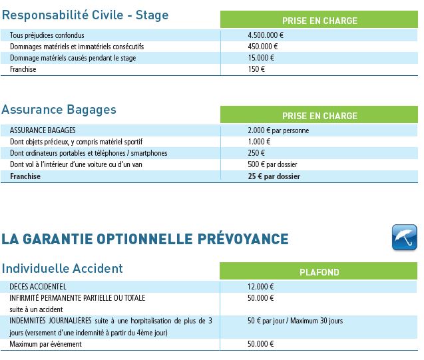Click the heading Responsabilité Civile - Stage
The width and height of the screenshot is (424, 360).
85,15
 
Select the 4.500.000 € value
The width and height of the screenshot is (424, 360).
265,35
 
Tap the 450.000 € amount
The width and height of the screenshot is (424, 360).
262,47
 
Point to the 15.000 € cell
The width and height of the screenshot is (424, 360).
261,58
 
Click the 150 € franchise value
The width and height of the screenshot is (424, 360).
256,69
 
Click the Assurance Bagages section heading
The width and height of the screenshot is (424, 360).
59,109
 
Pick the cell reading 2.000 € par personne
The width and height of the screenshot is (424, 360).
278,130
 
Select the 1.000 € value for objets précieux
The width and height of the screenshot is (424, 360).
259,142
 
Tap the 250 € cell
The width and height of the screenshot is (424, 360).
256,153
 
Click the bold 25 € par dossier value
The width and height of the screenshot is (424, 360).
274,176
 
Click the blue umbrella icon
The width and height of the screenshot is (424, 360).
404,238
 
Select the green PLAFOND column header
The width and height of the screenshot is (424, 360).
319,271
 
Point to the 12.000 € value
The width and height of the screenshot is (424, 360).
261,287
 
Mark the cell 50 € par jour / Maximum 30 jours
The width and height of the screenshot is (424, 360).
295,321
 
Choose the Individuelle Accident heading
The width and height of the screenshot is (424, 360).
62,269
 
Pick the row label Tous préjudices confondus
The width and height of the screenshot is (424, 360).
47,35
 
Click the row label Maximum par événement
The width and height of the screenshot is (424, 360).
45,344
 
